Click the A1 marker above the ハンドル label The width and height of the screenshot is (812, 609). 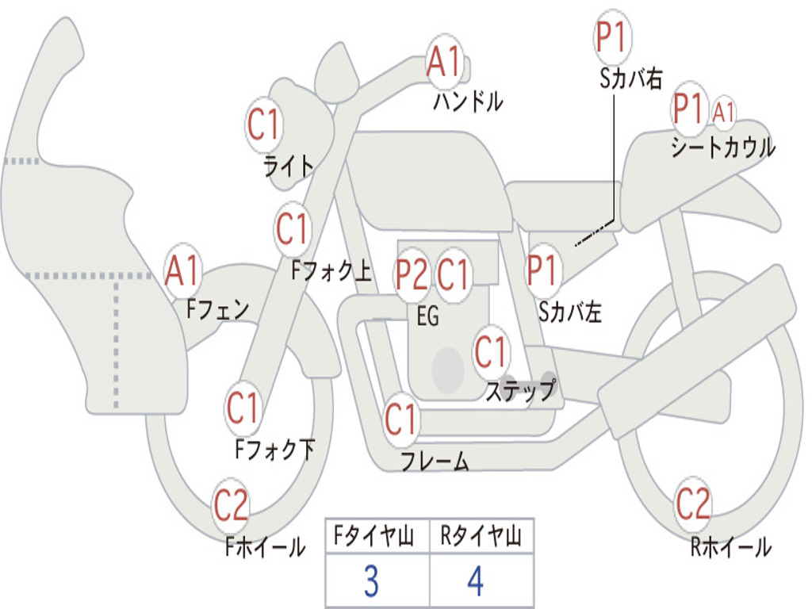click(x=443, y=62)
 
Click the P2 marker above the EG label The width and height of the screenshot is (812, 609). click(x=412, y=274)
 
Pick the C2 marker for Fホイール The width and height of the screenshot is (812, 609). click(x=231, y=505)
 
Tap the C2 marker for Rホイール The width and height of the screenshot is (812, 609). click(x=693, y=503)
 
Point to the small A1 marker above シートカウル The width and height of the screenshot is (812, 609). click(x=723, y=112)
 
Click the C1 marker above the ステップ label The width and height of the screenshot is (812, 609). click(x=491, y=351)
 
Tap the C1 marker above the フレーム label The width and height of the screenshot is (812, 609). click(x=401, y=419)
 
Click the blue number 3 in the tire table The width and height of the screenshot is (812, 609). click(x=371, y=581)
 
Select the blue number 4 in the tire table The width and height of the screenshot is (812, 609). click(x=476, y=581)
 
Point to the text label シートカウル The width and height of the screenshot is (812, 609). click(x=722, y=148)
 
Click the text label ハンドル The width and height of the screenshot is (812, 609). click(x=468, y=101)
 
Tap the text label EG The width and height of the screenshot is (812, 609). click(x=427, y=316)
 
